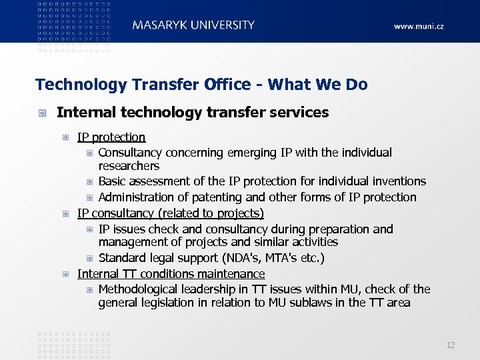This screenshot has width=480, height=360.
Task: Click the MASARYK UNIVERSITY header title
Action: click(x=193, y=25)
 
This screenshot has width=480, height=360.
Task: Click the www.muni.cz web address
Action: click(x=418, y=27)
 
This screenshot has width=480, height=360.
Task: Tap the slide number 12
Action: click(x=451, y=345)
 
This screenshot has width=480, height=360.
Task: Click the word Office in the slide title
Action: click(x=231, y=85)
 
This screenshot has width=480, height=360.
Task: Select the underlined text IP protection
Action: click(x=111, y=137)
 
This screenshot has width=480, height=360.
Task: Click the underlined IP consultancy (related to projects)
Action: click(x=171, y=213)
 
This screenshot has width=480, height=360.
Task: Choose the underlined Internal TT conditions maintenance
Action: click(x=171, y=274)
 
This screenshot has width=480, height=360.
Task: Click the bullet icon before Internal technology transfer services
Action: click(x=42, y=113)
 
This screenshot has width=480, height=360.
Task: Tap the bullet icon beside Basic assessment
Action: click(x=90, y=181)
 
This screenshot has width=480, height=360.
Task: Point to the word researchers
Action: click(x=129, y=166)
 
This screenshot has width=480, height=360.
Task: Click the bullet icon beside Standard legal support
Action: click(x=90, y=258)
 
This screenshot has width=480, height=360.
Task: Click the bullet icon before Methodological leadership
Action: click(x=90, y=289)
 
